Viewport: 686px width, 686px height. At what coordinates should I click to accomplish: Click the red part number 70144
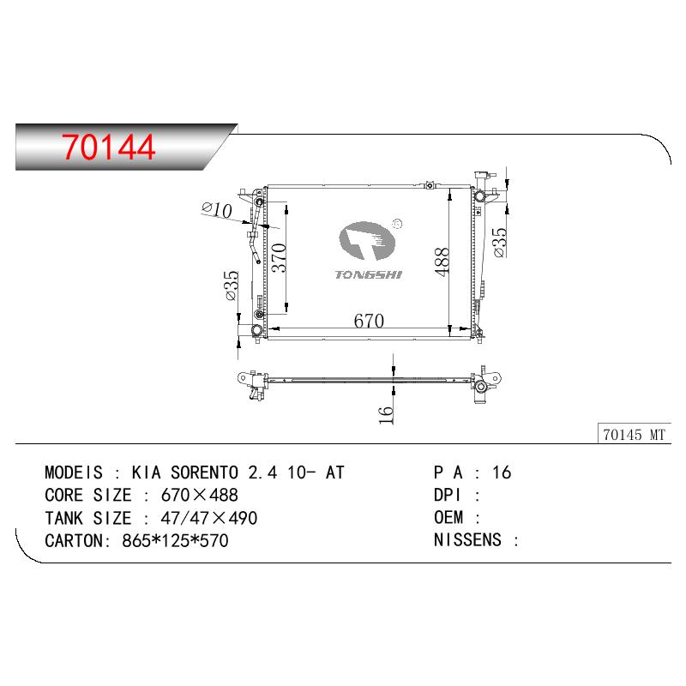tap(109, 147)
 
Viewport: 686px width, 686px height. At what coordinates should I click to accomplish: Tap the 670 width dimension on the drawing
tap(369, 321)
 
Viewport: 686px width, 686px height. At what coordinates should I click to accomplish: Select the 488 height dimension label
tap(442, 262)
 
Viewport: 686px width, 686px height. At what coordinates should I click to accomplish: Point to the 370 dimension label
tap(279, 258)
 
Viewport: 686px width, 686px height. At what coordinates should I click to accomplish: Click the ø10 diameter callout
tap(217, 210)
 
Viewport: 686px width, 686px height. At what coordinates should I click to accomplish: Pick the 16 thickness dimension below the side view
tap(386, 415)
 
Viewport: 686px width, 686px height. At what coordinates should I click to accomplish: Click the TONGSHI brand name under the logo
tap(369, 274)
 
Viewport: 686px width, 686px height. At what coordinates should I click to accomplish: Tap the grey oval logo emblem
tap(367, 241)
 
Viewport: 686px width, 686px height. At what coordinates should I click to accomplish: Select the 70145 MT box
tap(634, 435)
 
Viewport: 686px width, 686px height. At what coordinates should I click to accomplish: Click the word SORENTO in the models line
tap(204, 472)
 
